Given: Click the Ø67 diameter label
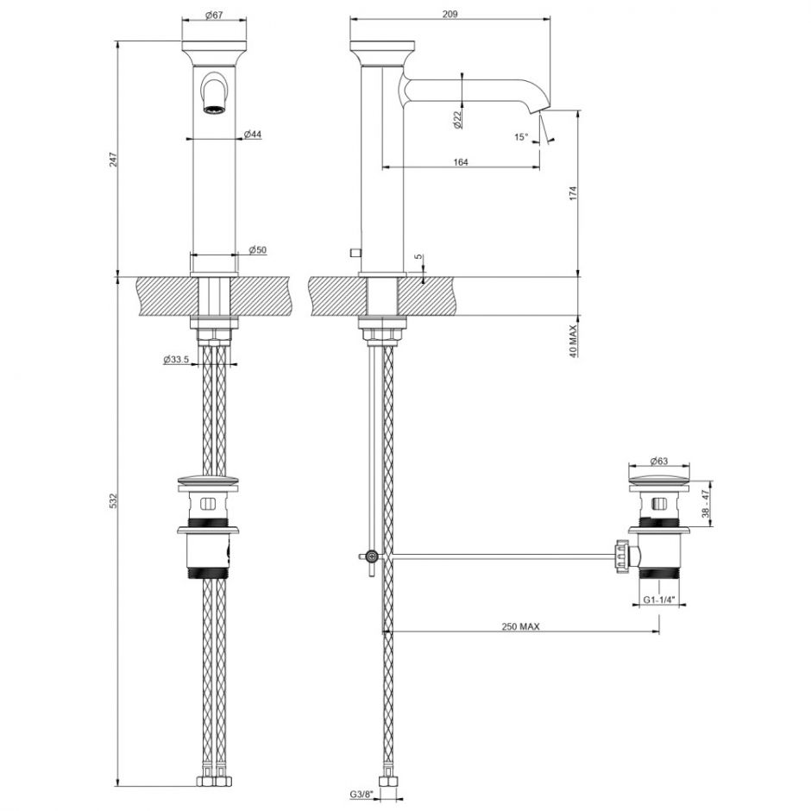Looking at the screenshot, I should tap(214, 16).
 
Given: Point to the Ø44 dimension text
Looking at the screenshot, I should tap(252, 134).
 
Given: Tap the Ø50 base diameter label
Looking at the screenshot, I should tap(257, 249).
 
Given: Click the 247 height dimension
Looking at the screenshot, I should tap(114, 159).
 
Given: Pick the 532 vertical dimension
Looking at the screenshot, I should tap(114, 500).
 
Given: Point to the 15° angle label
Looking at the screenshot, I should tap(519, 137).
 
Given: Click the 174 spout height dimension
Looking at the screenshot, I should tap(573, 193).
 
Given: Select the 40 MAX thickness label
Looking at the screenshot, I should tap(573, 337).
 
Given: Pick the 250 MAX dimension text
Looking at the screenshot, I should tap(519, 627).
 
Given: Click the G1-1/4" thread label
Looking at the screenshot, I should tap(658, 599).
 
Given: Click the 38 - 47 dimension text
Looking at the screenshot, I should tap(706, 504).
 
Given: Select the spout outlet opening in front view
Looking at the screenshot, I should tap(213, 109).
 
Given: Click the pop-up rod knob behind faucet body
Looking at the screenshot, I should tap(354, 252).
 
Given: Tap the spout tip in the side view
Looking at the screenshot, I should tap(538, 110).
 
